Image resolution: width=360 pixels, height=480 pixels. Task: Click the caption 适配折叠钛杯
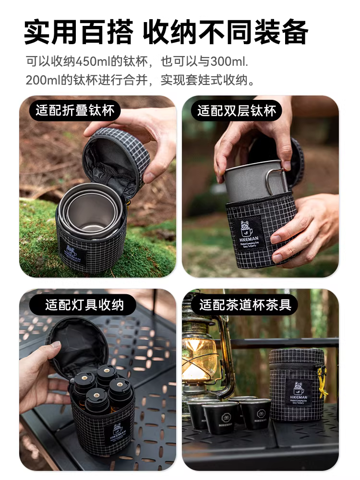click(x=75, y=111)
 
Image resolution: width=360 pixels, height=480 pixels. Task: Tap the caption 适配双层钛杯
click(x=237, y=111)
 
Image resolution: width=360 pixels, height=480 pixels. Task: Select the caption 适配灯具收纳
click(x=84, y=304)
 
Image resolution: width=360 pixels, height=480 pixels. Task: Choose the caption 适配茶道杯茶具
click(x=245, y=304)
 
